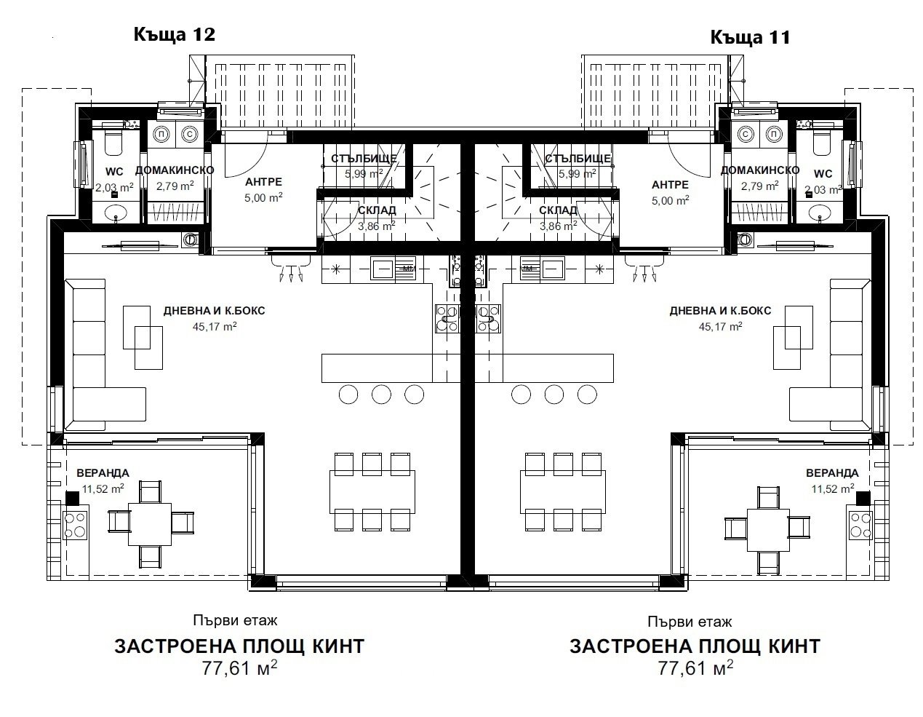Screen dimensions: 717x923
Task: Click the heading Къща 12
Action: [174, 34]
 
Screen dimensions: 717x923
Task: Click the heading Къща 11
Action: [749, 36]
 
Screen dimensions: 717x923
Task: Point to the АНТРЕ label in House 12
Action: [263, 182]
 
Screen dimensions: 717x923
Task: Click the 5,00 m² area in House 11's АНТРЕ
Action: [670, 199]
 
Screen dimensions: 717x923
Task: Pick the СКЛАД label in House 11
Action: [558, 210]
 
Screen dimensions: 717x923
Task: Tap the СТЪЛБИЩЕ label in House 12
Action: [364, 159]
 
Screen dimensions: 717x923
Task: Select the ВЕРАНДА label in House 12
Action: [103, 473]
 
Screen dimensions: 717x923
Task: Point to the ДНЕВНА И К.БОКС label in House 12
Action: [214, 311]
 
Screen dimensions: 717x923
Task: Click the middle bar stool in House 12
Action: [382, 395]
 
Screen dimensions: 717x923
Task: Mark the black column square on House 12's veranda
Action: [71, 498]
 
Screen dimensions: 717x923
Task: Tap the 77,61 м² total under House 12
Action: [240, 668]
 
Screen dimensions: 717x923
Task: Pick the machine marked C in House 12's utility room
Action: [190, 135]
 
